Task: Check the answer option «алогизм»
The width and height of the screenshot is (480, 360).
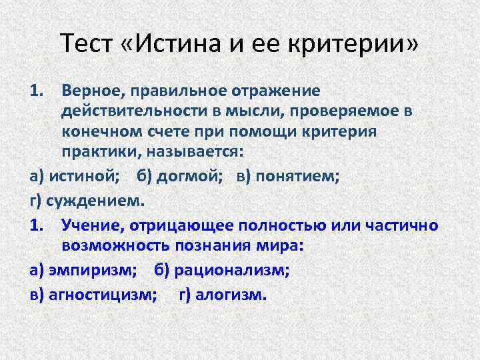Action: (x=230, y=293)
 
